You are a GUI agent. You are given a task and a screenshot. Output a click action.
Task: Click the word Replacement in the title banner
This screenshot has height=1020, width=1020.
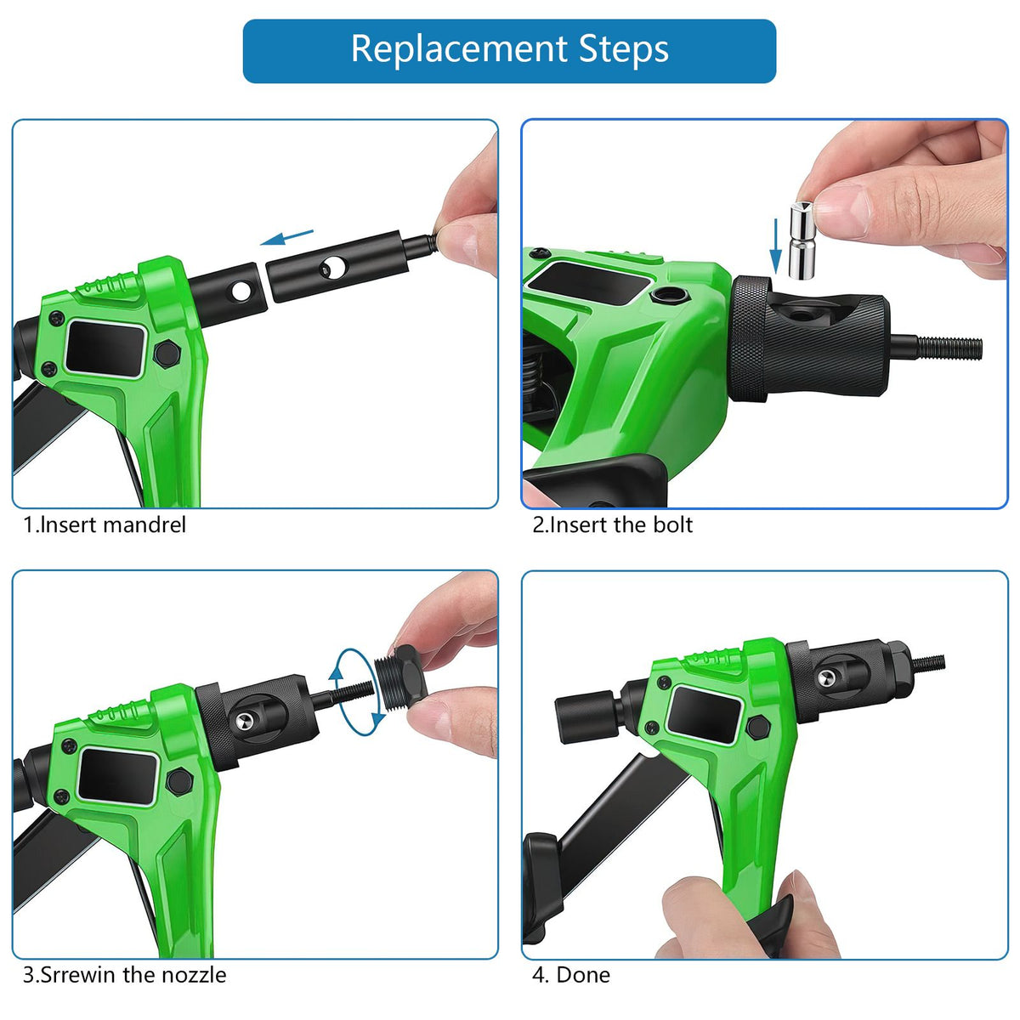click(460, 50)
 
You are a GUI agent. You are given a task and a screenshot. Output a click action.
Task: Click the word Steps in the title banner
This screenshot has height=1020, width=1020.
click(624, 49)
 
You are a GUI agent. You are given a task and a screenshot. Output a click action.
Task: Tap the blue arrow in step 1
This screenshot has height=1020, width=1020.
click(287, 237)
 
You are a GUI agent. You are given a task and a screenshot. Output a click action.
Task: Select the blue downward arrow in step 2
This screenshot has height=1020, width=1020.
click(775, 246)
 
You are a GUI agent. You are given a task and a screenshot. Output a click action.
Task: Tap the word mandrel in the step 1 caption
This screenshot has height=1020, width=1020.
click(144, 525)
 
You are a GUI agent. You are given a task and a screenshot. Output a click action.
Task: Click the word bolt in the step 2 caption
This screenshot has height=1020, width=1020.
click(672, 524)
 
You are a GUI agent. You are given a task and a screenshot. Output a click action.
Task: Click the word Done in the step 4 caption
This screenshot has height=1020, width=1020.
click(583, 974)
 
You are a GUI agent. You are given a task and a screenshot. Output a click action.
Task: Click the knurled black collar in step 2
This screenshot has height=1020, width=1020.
click(749, 339)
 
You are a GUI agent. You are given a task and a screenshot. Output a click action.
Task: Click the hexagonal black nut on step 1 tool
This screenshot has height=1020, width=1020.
click(167, 353)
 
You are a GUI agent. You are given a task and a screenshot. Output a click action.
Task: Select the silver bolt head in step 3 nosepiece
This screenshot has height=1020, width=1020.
click(244, 721)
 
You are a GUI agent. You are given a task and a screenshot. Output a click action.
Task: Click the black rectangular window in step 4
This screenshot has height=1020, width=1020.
click(704, 715)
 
